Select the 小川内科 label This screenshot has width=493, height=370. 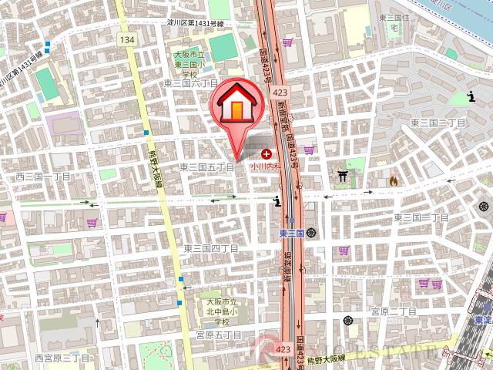263,166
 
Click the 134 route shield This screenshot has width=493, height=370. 127,39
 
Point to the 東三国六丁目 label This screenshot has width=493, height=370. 191,82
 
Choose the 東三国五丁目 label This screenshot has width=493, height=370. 207,166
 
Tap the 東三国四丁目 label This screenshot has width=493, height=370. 210,248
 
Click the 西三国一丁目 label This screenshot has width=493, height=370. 43,177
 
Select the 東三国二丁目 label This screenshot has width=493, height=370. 438,123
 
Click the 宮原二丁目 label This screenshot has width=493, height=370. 393,311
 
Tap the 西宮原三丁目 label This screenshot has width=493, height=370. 63,358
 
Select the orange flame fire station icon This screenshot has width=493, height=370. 392,181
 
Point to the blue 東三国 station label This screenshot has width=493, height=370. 291,233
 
